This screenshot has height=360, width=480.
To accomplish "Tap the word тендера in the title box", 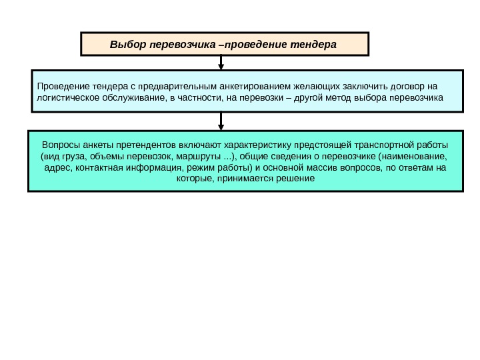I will [x=313, y=45].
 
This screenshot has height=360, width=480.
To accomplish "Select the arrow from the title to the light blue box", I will [x=221, y=63].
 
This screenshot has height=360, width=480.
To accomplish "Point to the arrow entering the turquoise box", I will [x=221, y=121].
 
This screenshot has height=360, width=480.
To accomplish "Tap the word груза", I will [x=70, y=156].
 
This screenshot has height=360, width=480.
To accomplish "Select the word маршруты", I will [x=199, y=156].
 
